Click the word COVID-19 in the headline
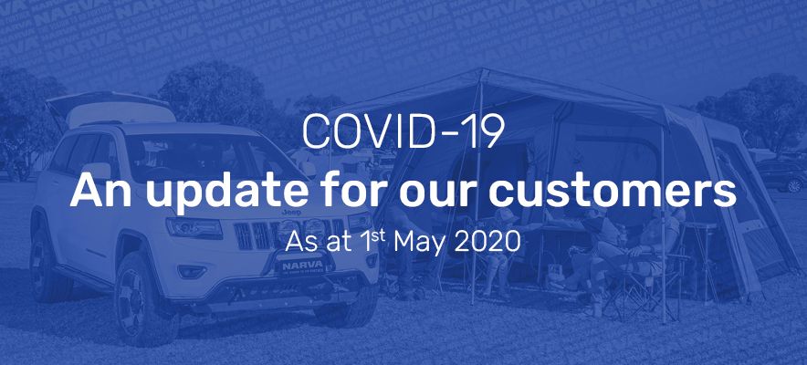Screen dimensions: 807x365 click(403, 131)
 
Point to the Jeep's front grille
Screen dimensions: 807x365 click(288, 233)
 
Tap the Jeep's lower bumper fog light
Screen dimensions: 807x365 click(192, 271)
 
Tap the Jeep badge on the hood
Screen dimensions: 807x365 click(290, 212)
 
